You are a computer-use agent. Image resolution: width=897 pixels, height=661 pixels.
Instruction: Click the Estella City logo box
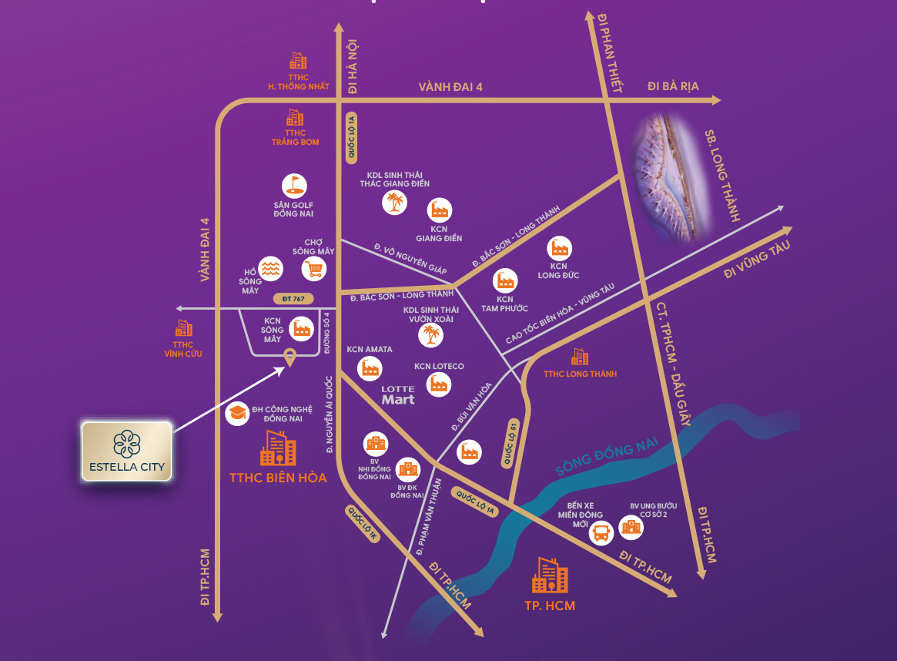point(127,451)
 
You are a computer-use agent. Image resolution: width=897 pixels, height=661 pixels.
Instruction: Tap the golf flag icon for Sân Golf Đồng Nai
point(294,186)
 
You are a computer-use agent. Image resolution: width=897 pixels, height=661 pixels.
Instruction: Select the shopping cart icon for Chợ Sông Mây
point(313,268)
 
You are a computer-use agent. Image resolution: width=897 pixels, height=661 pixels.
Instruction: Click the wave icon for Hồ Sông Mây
point(269,268)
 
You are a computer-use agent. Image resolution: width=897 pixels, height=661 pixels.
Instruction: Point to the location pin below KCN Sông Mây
point(290,357)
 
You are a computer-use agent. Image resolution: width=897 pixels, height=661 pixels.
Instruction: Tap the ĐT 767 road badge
point(293,297)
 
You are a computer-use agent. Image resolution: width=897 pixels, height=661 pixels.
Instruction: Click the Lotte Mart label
point(398,394)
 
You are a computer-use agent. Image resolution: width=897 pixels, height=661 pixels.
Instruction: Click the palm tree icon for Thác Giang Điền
point(394,202)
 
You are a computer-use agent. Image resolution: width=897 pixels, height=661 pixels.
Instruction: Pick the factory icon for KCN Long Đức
point(559,248)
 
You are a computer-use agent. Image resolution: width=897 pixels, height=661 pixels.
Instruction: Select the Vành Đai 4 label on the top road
point(450,87)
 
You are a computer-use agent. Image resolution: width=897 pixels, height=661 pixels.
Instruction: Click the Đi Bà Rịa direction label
point(673,86)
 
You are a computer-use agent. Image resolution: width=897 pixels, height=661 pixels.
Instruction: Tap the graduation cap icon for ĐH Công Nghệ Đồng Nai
point(236,413)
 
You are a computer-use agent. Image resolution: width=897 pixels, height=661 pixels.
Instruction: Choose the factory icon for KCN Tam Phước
point(505,280)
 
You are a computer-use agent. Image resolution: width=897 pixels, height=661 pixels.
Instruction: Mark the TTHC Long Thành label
point(580,374)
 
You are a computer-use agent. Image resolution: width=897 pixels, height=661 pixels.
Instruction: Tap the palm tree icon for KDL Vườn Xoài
point(430,335)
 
